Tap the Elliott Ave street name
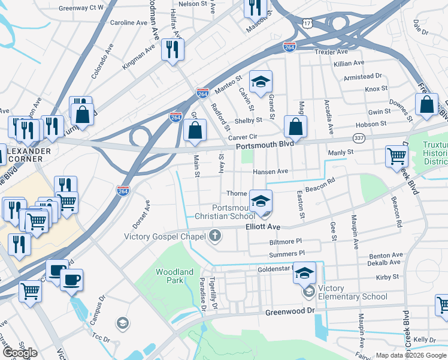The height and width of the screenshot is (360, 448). tap(263, 227)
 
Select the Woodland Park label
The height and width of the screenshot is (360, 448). tap(174, 276)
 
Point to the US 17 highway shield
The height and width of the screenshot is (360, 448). tap(307, 23)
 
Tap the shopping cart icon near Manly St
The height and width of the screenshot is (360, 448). tap(396, 156)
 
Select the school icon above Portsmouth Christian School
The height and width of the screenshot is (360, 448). tap(261, 200)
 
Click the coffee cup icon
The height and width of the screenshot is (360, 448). tap(72, 280)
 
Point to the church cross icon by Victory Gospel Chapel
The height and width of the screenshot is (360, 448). tap(215, 236)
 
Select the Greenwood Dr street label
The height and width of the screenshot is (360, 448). tap(290, 311)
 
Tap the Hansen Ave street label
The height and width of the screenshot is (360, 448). tap(270, 172)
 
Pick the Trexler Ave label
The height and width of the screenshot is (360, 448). tap(332, 52)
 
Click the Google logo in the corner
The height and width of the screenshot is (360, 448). tap(20, 353)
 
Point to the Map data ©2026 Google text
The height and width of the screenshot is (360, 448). tap(410, 355)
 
